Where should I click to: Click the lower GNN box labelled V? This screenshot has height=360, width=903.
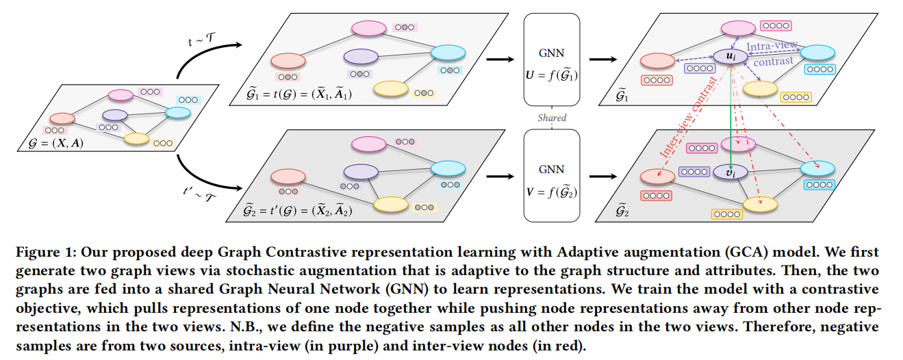[551, 175]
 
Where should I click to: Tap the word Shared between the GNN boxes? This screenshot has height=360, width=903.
[552, 118]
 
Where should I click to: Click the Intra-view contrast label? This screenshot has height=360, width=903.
[772, 54]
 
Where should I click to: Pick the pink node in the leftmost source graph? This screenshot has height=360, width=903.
[120, 94]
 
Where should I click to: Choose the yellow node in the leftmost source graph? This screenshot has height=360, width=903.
[136, 138]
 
